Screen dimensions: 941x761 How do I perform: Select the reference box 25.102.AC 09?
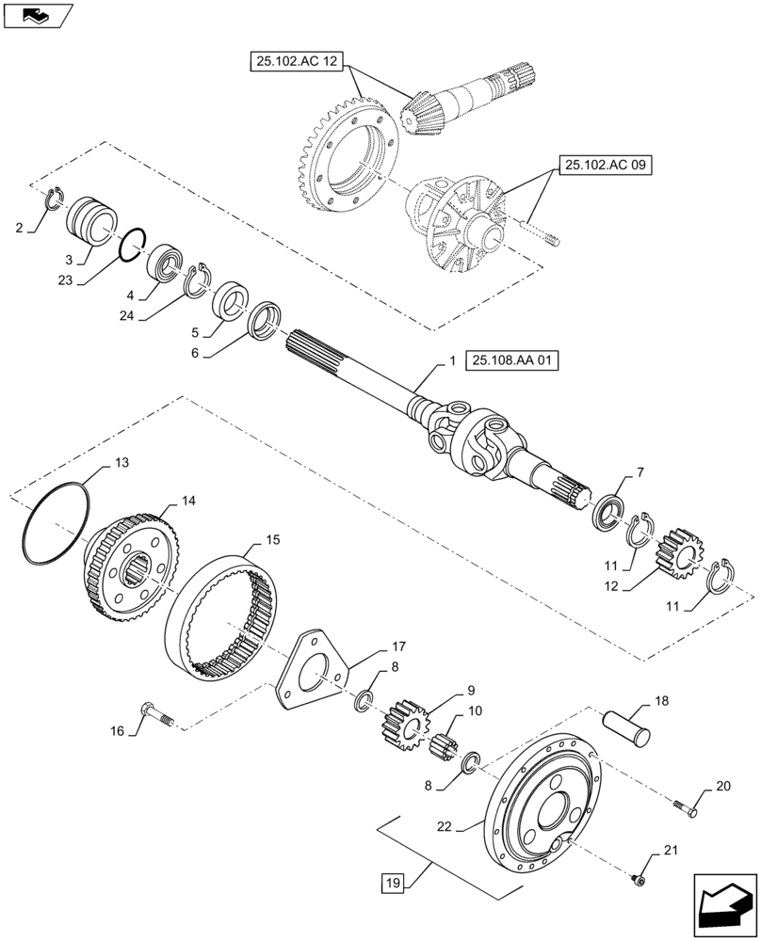pos(608,165)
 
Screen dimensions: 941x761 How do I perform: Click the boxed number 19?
pos(393,883)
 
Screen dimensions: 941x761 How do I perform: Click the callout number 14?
pos(188,502)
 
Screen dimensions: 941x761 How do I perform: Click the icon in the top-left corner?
pos(38,15)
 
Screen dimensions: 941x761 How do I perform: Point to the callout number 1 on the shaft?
pos(452,360)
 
